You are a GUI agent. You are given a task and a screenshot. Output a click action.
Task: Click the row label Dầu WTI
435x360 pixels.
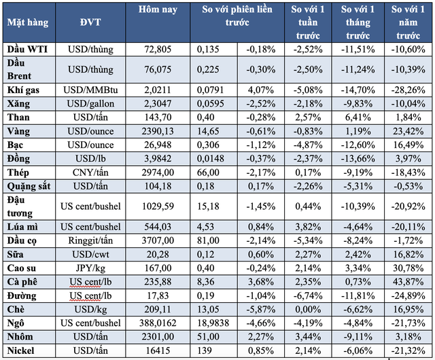[x=25, y=49]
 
